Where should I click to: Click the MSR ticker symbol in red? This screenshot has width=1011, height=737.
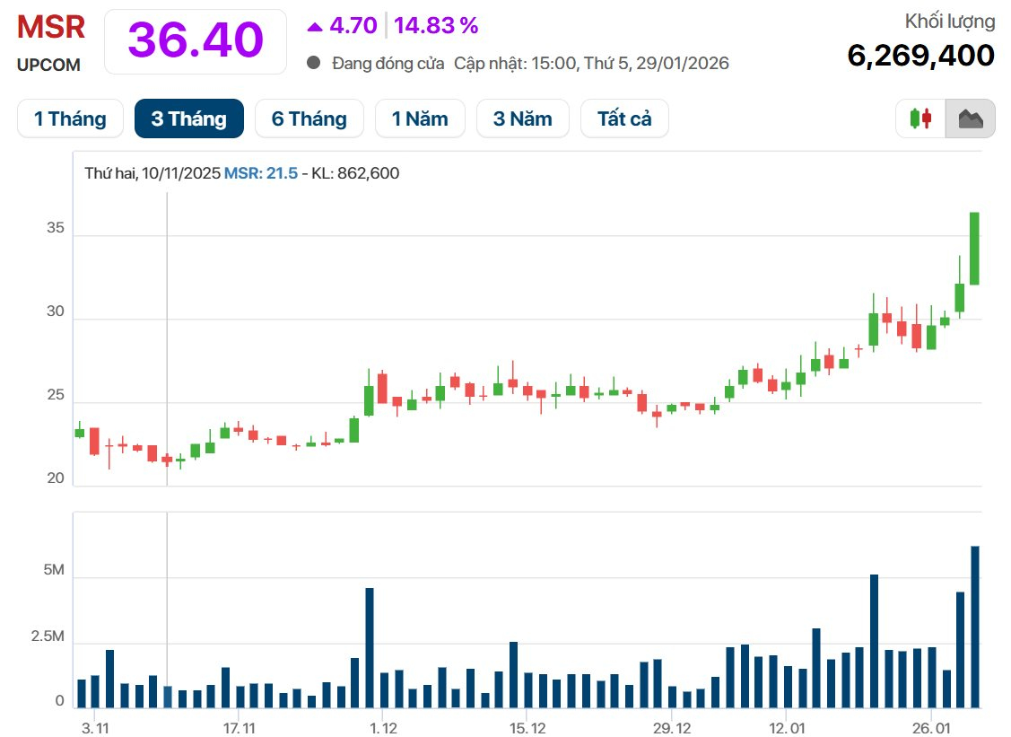coord(51,27)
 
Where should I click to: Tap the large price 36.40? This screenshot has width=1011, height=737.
coord(196,40)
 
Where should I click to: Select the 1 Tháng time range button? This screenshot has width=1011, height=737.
coord(70,118)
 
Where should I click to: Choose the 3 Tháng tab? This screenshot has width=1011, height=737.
coord(188,118)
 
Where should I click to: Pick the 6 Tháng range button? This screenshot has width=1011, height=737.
coord(309,118)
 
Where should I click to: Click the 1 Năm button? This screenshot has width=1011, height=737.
coord(419,118)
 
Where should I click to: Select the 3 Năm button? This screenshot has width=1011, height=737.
coord(522,118)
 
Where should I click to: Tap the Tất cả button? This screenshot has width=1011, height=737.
coord(624,118)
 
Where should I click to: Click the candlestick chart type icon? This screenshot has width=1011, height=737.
coord(920,118)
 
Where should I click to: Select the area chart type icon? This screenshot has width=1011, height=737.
coord(971,118)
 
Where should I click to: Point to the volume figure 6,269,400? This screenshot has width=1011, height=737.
coord(920,56)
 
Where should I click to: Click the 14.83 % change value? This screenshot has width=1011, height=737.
coord(436,26)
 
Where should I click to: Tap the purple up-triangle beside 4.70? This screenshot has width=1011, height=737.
coord(315,27)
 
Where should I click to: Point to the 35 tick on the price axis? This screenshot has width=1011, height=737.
coord(56,229)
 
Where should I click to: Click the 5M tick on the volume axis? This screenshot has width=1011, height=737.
coord(54,571)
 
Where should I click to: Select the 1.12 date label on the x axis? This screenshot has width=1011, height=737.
coord(383,725)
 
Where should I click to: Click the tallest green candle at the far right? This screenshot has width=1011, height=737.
coord(974,249)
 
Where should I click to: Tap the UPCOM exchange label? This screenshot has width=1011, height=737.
coord(48,65)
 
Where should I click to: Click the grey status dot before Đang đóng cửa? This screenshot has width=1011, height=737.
coord(313,63)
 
